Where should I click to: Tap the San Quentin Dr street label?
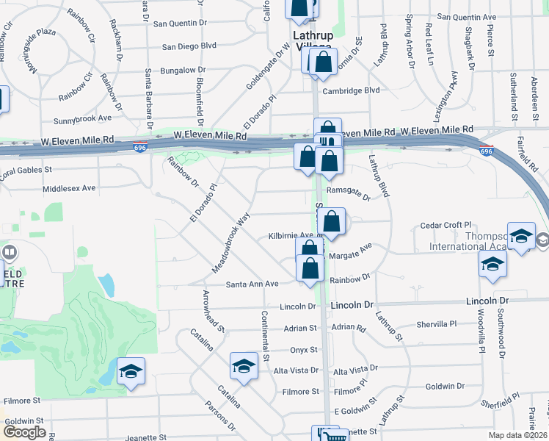click(180, 24)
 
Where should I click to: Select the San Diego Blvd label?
click(189, 46)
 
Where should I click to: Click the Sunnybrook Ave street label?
click(82, 118)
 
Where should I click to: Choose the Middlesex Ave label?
click(70, 188)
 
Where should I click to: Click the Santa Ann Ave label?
click(252, 284)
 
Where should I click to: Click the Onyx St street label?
click(303, 350)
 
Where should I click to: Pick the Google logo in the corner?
click(24, 432)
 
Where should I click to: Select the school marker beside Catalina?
click(244, 365)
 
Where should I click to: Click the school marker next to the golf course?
click(131, 371)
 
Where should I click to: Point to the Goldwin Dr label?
click(446, 386)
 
